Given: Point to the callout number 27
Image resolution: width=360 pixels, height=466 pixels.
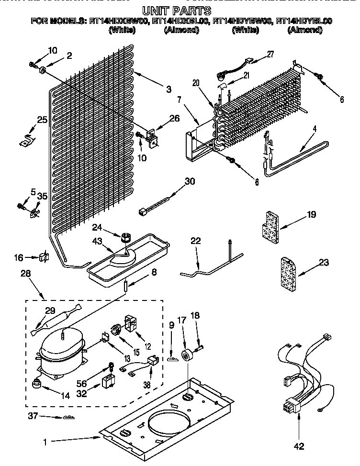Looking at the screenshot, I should [270, 55].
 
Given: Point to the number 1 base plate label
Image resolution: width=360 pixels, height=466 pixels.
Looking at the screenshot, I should [45, 443].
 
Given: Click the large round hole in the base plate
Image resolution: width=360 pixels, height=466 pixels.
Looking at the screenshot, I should [169, 427].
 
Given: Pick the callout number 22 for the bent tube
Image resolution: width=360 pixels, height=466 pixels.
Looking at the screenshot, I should [195, 241].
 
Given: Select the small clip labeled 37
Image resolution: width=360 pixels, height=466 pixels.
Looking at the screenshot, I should [68, 418].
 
